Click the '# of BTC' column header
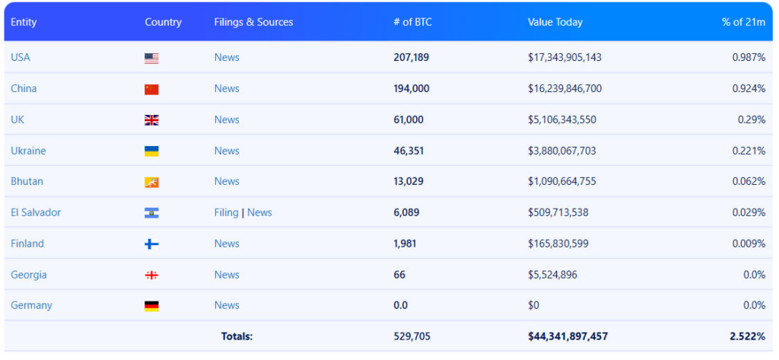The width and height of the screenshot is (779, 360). [412, 22]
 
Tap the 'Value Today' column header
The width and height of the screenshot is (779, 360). [555, 22]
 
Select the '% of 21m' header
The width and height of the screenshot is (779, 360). [743, 22]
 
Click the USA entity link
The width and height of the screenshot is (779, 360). [21, 58]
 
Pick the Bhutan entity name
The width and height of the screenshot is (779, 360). [27, 181]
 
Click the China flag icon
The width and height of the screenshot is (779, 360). [151, 89]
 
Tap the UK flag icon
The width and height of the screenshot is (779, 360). [151, 120]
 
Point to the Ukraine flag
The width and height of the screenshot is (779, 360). [151, 151]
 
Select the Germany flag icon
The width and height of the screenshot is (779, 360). [151, 306]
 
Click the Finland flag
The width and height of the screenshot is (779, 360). [151, 244]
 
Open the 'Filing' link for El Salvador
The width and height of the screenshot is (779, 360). [226, 212]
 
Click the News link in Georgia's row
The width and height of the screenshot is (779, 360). [227, 275]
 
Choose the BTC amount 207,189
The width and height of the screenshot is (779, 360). [412, 58]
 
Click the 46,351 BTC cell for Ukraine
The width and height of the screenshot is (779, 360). [409, 151]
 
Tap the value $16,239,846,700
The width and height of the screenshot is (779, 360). [564, 89]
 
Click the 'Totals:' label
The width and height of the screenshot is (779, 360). [237, 336]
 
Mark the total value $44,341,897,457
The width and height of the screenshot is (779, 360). [568, 336]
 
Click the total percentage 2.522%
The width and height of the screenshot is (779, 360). [747, 336]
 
